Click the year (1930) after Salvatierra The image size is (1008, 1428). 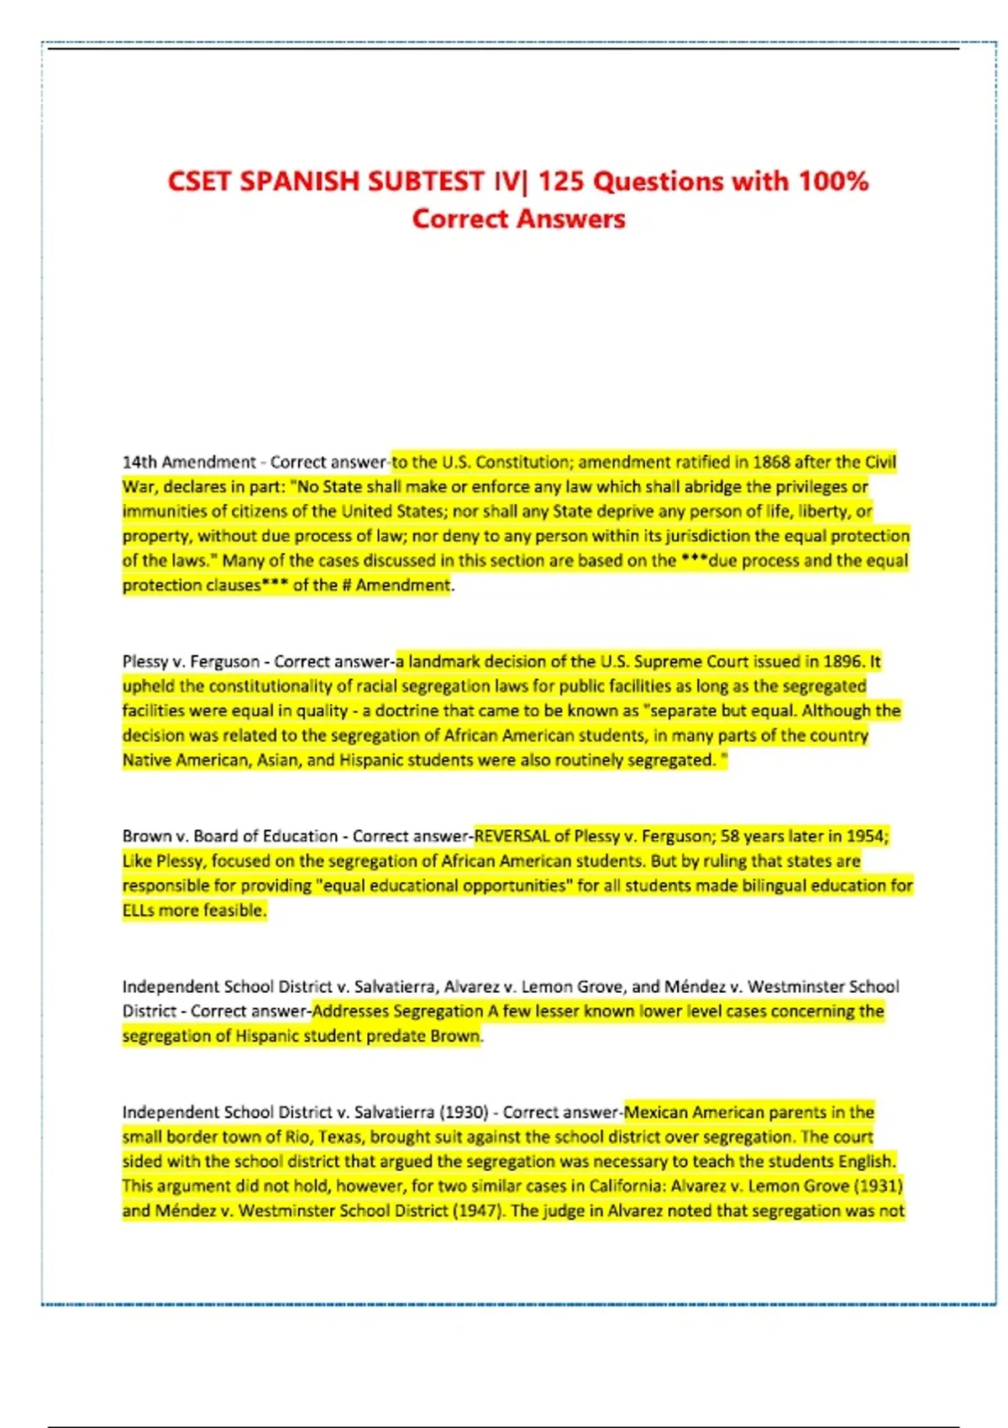click(x=464, y=1113)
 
